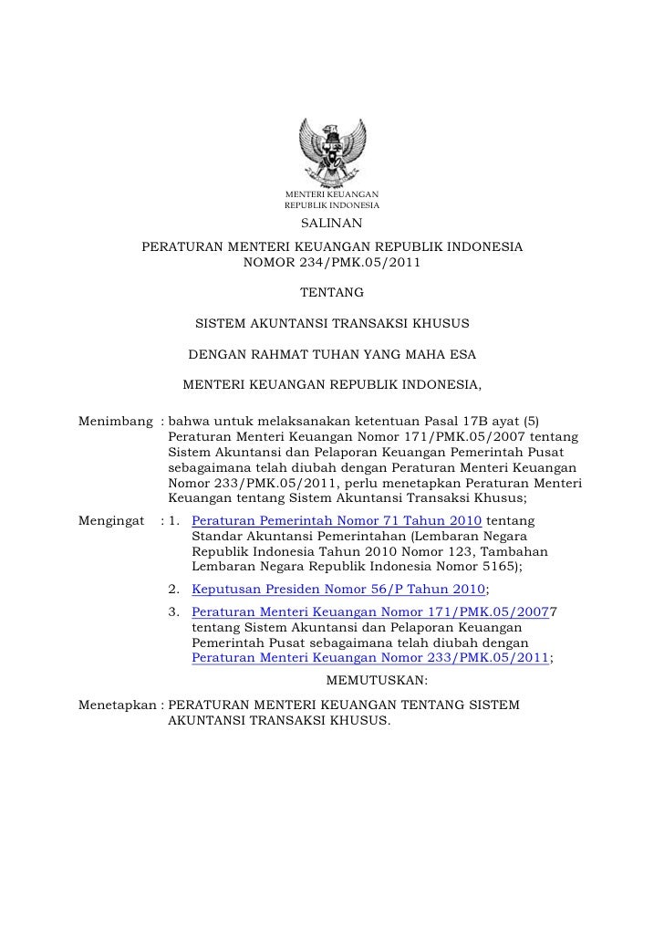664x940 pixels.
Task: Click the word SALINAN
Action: click(331, 225)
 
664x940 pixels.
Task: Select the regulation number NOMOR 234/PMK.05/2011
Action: click(332, 264)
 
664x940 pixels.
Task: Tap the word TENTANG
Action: click(332, 293)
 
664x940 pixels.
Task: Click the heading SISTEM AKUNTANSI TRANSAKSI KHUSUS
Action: click(332, 323)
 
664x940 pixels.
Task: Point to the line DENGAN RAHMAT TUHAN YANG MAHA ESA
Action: click(332, 353)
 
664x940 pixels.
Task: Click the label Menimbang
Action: click(115, 421)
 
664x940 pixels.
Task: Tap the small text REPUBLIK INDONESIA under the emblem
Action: click(332, 206)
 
